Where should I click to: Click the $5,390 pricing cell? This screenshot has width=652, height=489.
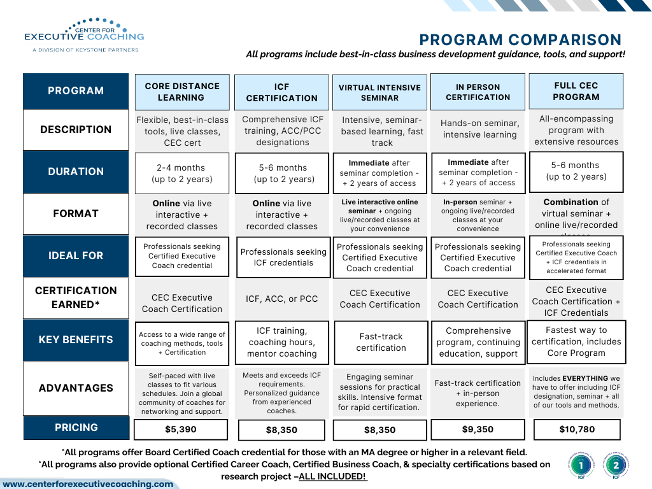[x=181, y=430]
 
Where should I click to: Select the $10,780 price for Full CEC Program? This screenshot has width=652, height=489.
[x=577, y=430]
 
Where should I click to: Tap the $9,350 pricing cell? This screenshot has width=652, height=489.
[x=478, y=430]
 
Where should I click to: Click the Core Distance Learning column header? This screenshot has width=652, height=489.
[x=182, y=92]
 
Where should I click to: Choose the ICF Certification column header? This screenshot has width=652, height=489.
[x=282, y=92]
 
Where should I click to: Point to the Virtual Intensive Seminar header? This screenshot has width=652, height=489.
[x=379, y=92]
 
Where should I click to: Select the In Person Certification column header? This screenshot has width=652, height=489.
[x=478, y=92]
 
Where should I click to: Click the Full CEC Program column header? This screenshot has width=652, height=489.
[x=576, y=91]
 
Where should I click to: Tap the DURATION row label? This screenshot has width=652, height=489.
[x=76, y=171]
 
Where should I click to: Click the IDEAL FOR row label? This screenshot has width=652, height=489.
[x=76, y=255]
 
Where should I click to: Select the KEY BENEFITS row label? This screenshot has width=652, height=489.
[x=76, y=339]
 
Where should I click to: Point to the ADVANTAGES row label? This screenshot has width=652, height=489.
[x=76, y=388]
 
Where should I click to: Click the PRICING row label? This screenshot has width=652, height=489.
[x=76, y=428]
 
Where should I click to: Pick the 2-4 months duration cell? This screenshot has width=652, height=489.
[x=182, y=173]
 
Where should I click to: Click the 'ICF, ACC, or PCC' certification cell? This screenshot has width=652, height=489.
[x=282, y=299]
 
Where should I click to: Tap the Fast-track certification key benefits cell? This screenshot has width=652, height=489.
[x=381, y=342]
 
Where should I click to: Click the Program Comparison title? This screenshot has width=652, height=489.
[x=520, y=40]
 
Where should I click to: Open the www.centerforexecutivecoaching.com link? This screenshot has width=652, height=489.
[x=88, y=484]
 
